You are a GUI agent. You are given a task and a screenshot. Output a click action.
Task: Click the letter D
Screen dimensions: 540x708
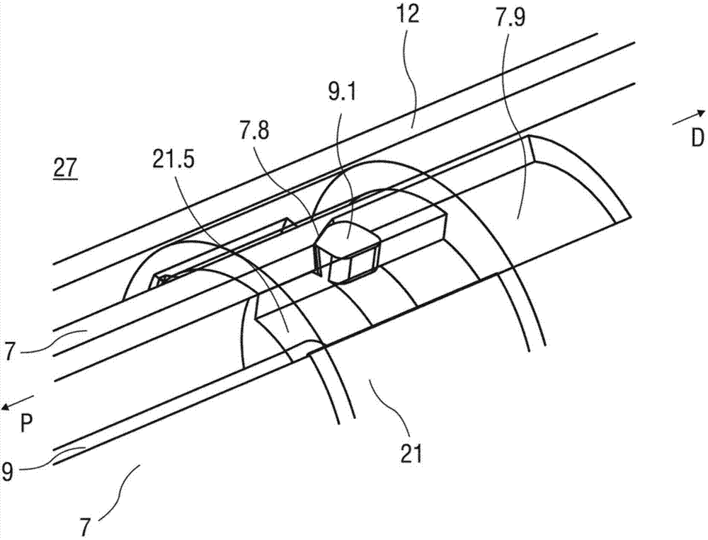point(697,139)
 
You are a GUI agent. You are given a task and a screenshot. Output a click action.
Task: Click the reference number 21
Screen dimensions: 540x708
point(412,452)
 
